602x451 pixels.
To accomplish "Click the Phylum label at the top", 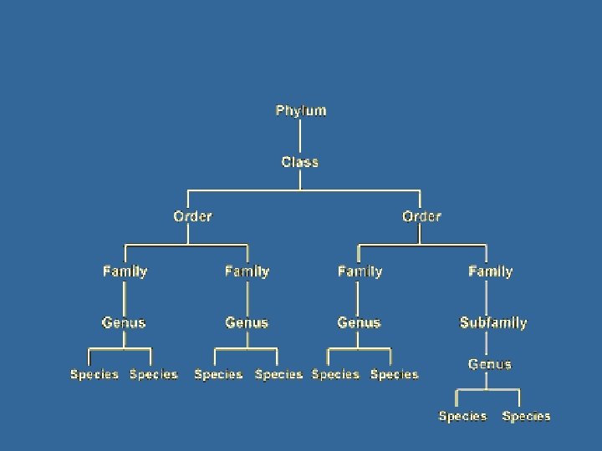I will [x=301, y=110].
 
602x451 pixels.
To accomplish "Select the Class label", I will [x=300, y=162].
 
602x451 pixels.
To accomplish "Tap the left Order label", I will [x=192, y=216].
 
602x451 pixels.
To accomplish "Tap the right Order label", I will [x=421, y=216].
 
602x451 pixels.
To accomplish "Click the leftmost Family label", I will [x=125, y=271].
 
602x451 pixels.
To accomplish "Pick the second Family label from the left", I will [x=247, y=271].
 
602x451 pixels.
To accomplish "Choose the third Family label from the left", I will [x=360, y=271].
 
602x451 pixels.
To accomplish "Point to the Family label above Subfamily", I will [x=491, y=271].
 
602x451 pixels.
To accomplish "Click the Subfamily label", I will [x=493, y=322].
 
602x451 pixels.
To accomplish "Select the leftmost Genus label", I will [x=124, y=322].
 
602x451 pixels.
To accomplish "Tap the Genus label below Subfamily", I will [x=490, y=364].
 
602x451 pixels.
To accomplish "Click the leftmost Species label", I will [x=94, y=375].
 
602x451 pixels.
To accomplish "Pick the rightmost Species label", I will [x=527, y=416].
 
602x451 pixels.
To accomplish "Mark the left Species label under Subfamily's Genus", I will [x=462, y=416].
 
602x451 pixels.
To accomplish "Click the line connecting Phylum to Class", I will [x=300, y=136].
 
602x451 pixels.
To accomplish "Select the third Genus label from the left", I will [x=359, y=322].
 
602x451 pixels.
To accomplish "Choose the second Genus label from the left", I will [x=247, y=322].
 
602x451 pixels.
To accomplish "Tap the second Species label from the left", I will [x=154, y=375].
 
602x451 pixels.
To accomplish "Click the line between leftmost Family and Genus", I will [x=125, y=296].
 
